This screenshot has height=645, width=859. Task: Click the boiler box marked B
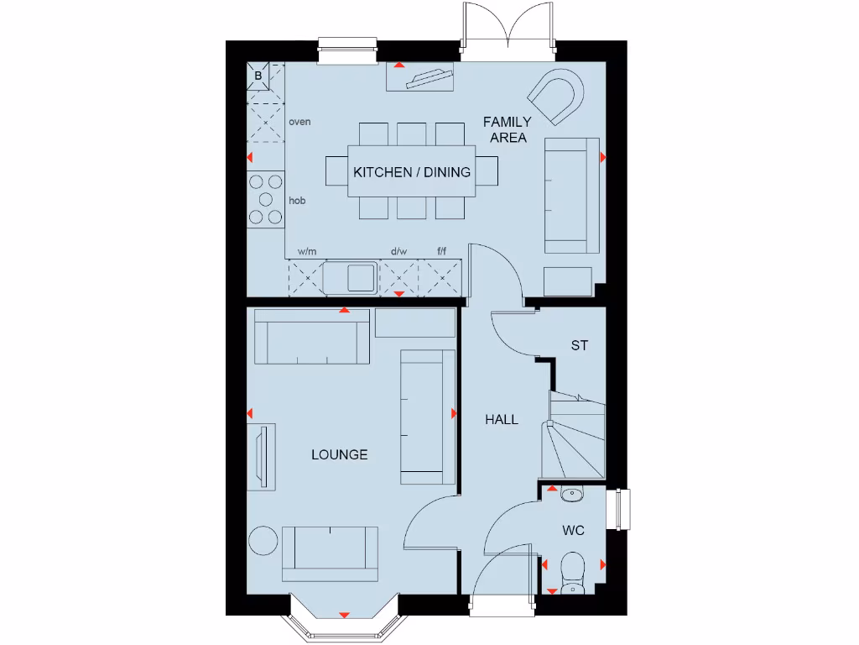(258, 76)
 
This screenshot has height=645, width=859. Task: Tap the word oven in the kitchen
(299, 122)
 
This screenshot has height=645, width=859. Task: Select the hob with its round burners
(266, 199)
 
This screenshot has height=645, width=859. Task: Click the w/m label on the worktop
(307, 251)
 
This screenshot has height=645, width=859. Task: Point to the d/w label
(398, 251)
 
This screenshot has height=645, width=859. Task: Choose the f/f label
(442, 251)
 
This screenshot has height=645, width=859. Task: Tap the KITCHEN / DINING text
(412, 172)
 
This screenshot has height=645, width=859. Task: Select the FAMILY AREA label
(508, 129)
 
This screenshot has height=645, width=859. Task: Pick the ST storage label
(579, 345)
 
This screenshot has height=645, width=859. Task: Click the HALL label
(502, 419)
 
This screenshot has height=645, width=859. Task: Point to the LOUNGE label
(340, 454)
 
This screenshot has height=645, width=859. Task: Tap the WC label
(574, 530)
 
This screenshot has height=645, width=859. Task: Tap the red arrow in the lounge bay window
(343, 616)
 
